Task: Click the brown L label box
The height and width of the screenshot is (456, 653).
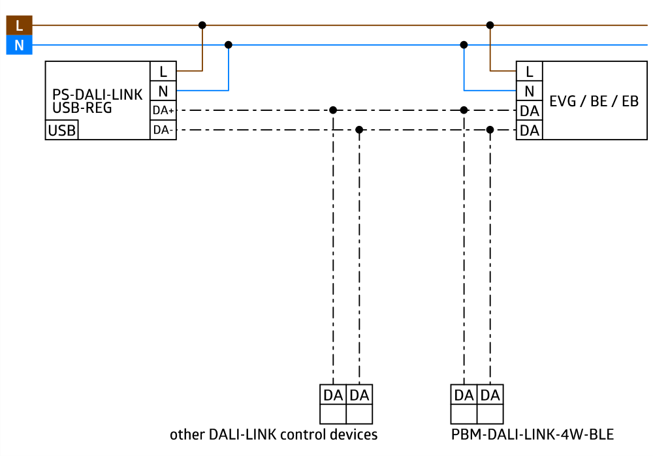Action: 19,25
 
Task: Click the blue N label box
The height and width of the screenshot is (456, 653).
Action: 19,46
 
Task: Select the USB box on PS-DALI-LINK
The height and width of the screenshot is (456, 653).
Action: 62,130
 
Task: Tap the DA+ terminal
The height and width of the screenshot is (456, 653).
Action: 163,110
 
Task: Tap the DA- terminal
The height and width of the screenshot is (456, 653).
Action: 163,130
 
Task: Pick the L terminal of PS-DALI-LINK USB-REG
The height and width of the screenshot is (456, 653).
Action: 163,71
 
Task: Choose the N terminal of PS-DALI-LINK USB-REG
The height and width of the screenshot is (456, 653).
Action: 163,91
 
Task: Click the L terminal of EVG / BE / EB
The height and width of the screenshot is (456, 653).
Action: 530,71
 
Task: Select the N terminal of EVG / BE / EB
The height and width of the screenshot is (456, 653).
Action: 530,91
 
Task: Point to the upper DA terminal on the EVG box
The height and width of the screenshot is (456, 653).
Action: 530,111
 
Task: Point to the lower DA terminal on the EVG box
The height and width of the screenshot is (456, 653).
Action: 530,130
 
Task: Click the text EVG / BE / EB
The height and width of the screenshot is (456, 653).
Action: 594,101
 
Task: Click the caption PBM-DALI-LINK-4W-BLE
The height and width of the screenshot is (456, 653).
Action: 532,434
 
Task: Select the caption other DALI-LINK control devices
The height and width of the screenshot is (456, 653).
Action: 274,434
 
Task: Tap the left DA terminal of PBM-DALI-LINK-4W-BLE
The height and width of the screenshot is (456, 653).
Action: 464,395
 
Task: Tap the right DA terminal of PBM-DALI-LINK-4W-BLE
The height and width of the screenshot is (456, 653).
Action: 490,395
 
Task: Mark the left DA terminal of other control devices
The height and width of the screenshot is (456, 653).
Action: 333,395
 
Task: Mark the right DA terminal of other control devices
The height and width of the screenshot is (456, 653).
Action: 359,395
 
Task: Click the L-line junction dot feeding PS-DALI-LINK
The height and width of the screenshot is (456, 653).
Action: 202,25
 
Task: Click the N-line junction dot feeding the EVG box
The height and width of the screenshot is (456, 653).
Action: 464,45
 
